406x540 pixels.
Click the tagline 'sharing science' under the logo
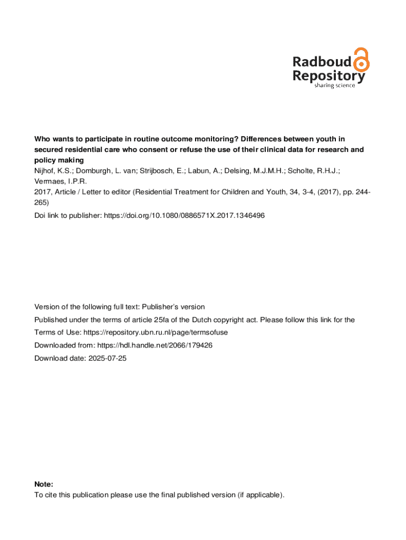[x=334, y=85]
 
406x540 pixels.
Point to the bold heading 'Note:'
[x=44, y=484]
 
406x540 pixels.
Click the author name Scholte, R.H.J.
[x=315, y=171]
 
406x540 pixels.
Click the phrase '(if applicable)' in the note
[x=260, y=495]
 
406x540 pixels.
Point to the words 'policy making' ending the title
[x=59, y=160]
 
